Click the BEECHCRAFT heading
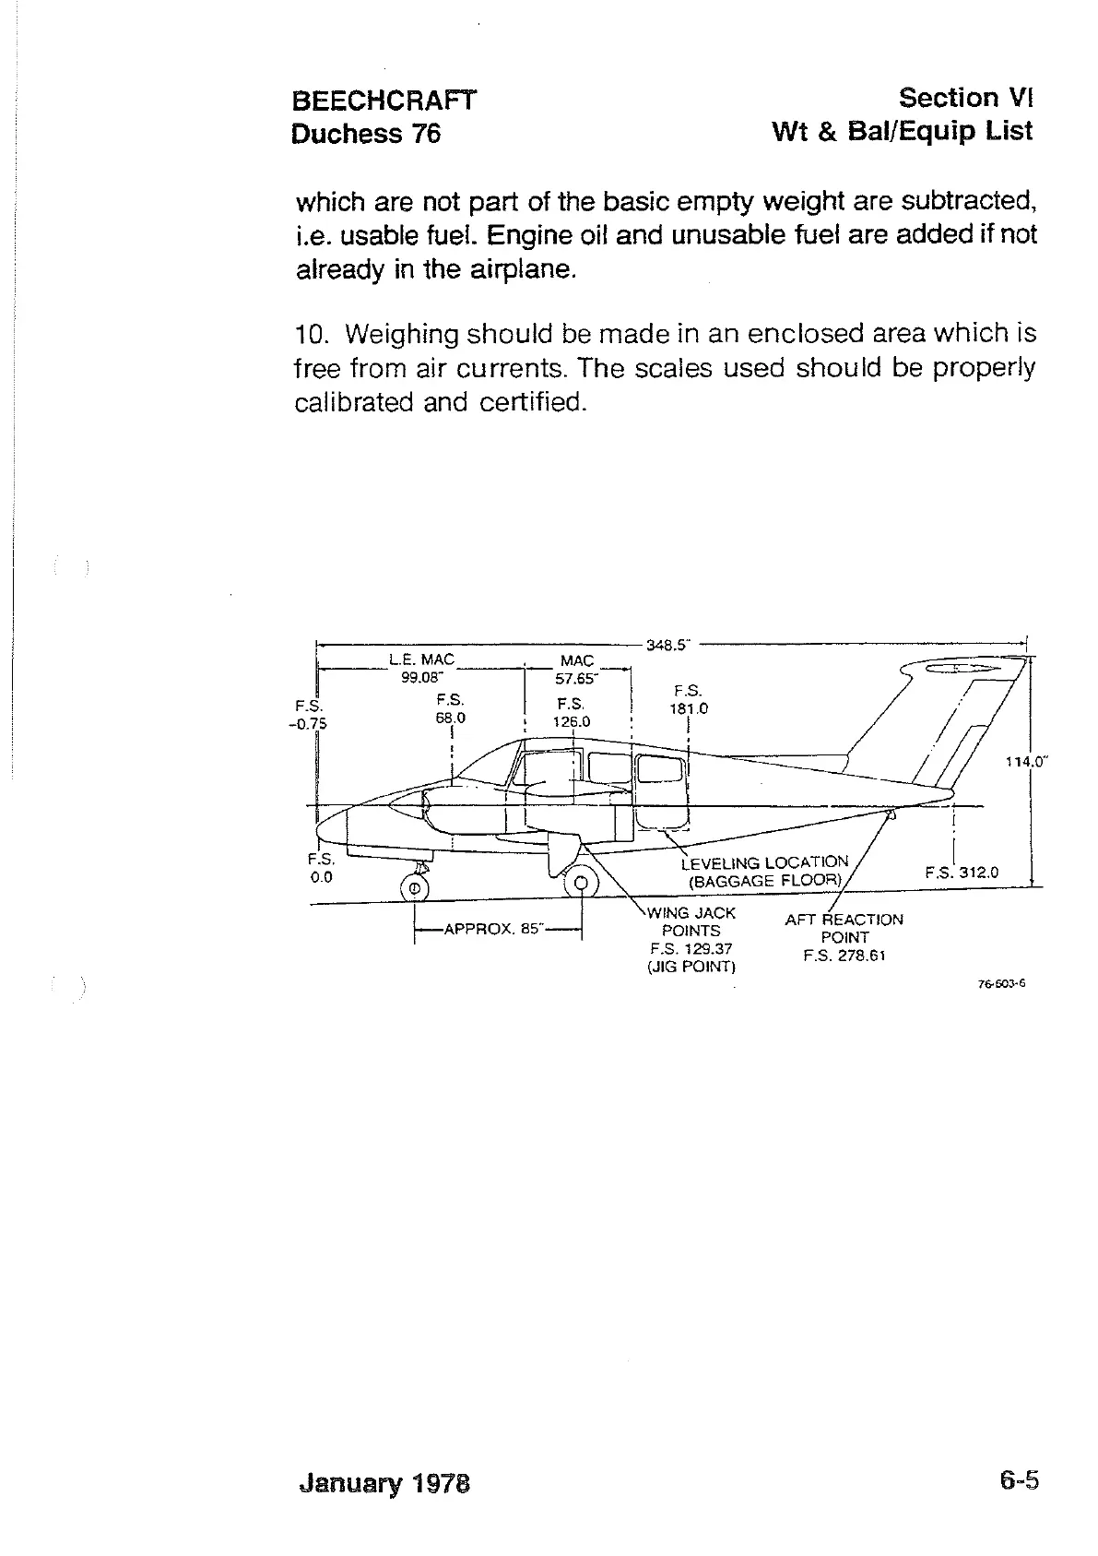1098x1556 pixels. pos(384,101)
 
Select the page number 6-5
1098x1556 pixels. pos(1018,1481)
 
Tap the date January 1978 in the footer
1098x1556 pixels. pos(384,1483)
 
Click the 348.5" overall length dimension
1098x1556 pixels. pos(667,646)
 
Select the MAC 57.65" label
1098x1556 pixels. pos(577,670)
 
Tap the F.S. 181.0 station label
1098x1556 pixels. pos(689,700)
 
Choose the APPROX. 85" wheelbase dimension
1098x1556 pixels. pos(492,930)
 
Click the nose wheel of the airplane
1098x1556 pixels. pos(414,888)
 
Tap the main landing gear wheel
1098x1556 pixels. pos(581,885)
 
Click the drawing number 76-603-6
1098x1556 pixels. pos(1001,984)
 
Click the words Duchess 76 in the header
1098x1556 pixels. pos(366,135)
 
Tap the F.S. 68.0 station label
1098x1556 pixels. pos(451,708)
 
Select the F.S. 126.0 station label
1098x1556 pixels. pos(572,712)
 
